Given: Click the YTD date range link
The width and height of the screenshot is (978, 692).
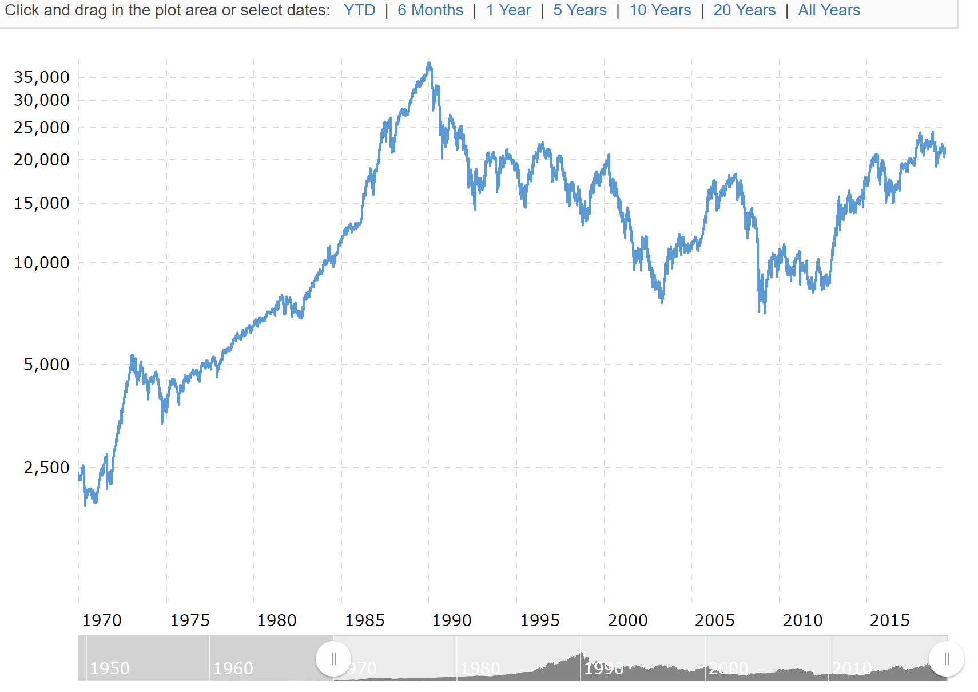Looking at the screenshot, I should [x=359, y=10].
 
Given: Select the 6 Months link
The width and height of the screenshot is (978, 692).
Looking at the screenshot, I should [x=430, y=10].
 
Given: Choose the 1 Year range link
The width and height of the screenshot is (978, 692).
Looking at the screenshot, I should [x=508, y=10].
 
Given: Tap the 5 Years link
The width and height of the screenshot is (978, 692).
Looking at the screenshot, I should [x=579, y=10].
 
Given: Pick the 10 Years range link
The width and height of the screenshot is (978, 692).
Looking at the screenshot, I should [x=660, y=10].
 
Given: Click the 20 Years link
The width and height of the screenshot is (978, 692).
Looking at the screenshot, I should [x=744, y=10].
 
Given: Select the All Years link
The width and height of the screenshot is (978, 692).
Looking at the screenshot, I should [x=829, y=10].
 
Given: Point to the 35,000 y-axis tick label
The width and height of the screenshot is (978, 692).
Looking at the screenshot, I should [x=41, y=77].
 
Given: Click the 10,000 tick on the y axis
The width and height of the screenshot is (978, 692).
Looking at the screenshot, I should [x=41, y=263].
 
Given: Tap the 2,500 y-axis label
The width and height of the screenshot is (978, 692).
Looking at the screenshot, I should [x=46, y=468].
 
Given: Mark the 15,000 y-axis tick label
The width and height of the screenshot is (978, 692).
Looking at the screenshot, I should [x=41, y=203].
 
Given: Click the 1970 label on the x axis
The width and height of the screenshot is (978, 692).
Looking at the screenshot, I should [x=102, y=620].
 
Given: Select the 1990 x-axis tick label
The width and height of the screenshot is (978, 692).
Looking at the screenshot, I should [x=451, y=620].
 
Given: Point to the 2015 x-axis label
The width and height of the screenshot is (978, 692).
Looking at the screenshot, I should [x=889, y=620].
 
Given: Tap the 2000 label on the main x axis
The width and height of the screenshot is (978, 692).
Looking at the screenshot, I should [x=627, y=620].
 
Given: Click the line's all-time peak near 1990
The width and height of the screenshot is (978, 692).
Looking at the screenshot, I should [x=429, y=63].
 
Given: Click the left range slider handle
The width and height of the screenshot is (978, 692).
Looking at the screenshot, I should [x=333, y=659].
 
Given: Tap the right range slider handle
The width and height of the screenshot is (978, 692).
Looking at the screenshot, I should [x=947, y=659].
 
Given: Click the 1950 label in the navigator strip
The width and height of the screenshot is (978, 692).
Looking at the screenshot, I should [x=110, y=669].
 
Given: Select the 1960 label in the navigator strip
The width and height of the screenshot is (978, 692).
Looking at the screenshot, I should [x=233, y=669].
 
